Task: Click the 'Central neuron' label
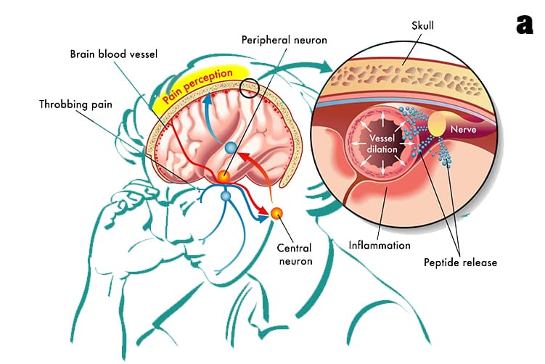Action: (295, 254)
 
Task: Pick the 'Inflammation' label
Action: (380, 245)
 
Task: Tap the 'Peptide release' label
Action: (460, 262)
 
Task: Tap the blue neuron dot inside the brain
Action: (231, 148)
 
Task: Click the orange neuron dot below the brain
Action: (277, 213)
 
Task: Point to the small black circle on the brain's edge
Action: (250, 88)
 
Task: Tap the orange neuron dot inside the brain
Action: (225, 177)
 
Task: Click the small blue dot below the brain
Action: (225, 197)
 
